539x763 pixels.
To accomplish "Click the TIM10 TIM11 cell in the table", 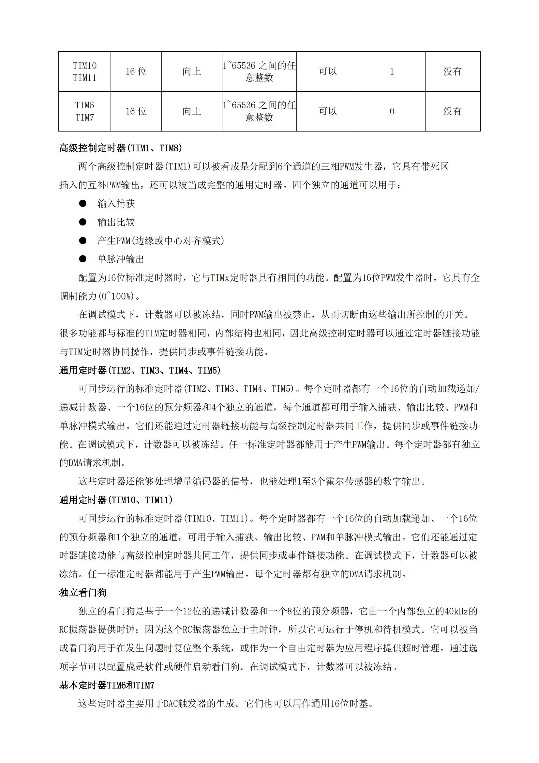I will coord(85,71).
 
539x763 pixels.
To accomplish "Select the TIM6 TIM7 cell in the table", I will coord(85,111).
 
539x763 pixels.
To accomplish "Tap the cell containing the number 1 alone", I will coord(392,71).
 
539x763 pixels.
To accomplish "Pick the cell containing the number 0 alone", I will coord(392,111).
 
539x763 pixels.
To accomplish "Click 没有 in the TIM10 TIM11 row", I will coord(452,71).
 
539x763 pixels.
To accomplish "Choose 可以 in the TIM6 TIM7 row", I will coord(328,111).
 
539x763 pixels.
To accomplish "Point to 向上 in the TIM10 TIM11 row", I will coord(192,71).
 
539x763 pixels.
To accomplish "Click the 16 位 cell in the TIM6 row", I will coord(136,111).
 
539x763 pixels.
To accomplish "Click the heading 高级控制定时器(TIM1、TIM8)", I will coord(121,148).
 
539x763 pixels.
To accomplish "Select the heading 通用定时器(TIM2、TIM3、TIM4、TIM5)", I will coord(140,370).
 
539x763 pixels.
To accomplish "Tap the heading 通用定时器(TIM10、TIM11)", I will coord(116,500).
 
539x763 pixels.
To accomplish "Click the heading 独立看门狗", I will coord(83,593).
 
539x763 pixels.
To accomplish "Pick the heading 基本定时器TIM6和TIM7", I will coord(107,685).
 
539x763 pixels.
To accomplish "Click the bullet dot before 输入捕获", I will coord(83,203).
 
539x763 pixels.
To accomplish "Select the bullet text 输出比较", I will coord(116,222).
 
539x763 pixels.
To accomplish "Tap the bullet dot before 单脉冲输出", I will coord(83,259).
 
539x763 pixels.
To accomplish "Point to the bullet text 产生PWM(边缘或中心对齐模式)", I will coord(161,241).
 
